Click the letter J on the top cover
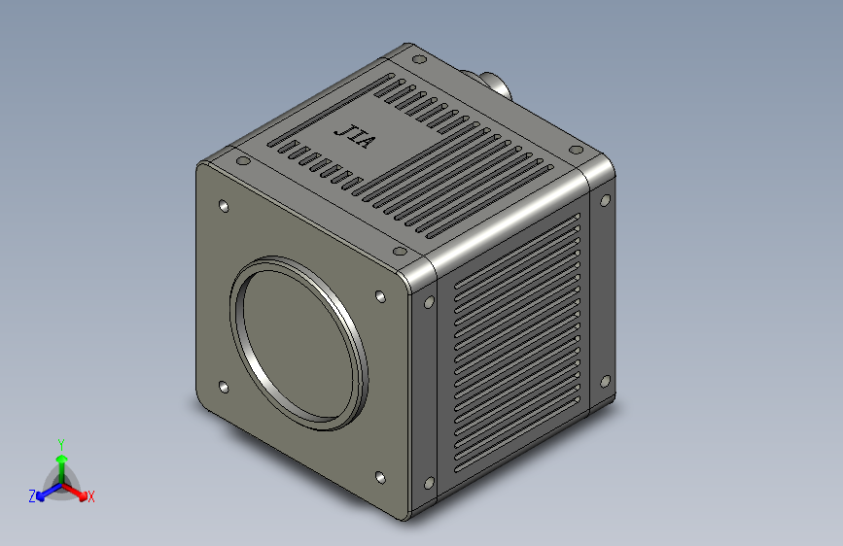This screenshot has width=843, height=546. tap(342, 129)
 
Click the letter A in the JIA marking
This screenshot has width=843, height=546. tap(365, 144)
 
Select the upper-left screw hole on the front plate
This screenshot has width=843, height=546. tap(225, 207)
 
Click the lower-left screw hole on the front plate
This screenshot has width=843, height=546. tap(224, 388)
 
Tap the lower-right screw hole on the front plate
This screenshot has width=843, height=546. tap(378, 477)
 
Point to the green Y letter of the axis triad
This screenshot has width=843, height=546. tap(60, 442)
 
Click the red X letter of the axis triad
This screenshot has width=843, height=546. tap(91, 496)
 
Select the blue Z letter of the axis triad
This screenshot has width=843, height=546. tap(32, 495)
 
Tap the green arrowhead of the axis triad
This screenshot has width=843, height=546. tap(60, 457)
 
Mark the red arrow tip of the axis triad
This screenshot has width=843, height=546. tap(83, 493)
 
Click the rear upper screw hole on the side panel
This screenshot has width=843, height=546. tap(605, 200)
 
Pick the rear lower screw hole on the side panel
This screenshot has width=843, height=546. tap(606, 381)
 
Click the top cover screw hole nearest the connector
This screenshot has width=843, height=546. tap(418, 58)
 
